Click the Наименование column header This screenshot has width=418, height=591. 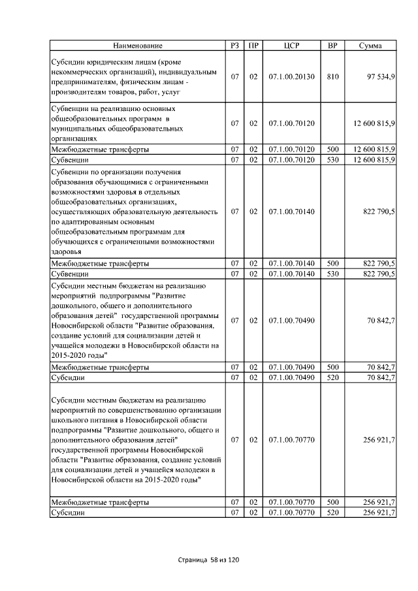tap(137, 46)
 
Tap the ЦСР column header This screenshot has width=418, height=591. tap(291, 46)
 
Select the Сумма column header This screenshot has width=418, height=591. tap(371, 46)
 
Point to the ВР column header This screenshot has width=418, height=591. tap(332, 46)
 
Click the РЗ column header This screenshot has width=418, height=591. tap(235, 46)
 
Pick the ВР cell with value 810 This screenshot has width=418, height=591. tap(332, 77)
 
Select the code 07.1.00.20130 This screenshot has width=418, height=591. tap(291, 77)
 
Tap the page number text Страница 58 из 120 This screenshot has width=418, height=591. tap(209, 560)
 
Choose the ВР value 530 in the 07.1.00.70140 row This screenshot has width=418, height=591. tap(332, 274)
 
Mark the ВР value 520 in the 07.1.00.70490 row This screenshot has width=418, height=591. tap(332, 377)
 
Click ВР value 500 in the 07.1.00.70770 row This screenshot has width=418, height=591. tap(332, 502)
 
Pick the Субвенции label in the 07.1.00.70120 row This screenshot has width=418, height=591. tap(71, 160)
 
